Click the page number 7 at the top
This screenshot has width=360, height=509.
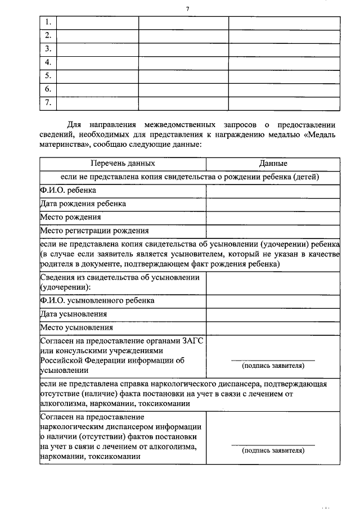point(187,8)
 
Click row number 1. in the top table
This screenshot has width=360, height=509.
point(48,22)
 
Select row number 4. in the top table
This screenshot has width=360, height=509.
point(48,62)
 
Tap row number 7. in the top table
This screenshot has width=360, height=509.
point(48,102)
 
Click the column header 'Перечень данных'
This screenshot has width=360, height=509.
point(123,163)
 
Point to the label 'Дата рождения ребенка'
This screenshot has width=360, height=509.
point(83,204)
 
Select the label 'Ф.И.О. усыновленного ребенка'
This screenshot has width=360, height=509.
point(97,300)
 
